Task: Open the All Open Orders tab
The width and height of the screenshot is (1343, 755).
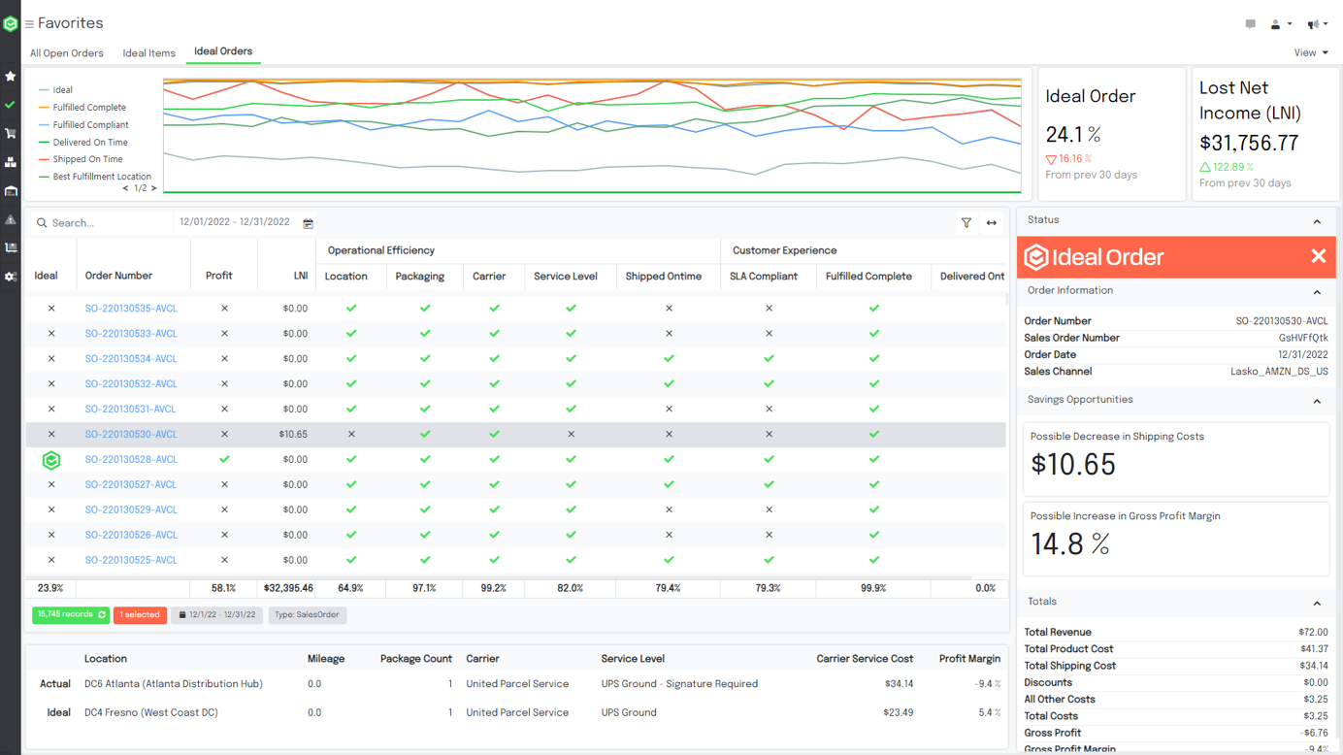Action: point(66,53)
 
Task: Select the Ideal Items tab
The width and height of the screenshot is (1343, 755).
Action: point(148,53)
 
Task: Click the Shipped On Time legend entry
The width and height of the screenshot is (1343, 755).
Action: point(87,159)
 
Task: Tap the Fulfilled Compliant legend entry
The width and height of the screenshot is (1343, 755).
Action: point(90,125)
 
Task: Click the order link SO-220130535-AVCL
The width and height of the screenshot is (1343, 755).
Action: point(131,309)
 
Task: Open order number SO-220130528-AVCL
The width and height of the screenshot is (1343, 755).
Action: point(131,460)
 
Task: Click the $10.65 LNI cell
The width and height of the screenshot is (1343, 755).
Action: point(293,435)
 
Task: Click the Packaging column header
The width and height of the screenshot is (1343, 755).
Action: point(419,277)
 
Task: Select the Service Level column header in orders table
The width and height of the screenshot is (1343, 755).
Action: point(566,277)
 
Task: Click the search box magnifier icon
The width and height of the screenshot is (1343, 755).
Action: point(42,223)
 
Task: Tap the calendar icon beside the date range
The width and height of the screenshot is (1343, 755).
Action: point(309,223)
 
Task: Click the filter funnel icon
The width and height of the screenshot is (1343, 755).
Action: point(966,223)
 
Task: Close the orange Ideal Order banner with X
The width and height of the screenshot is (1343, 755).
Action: point(1318,256)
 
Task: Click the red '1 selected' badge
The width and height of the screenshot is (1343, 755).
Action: point(140,615)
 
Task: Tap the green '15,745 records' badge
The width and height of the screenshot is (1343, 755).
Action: point(70,615)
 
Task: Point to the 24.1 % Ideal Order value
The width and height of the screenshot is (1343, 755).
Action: point(1073,135)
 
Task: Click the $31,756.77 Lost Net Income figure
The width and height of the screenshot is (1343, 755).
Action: point(1249,144)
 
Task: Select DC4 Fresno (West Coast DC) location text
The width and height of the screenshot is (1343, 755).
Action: point(150,712)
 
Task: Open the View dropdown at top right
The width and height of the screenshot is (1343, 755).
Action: point(1310,53)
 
